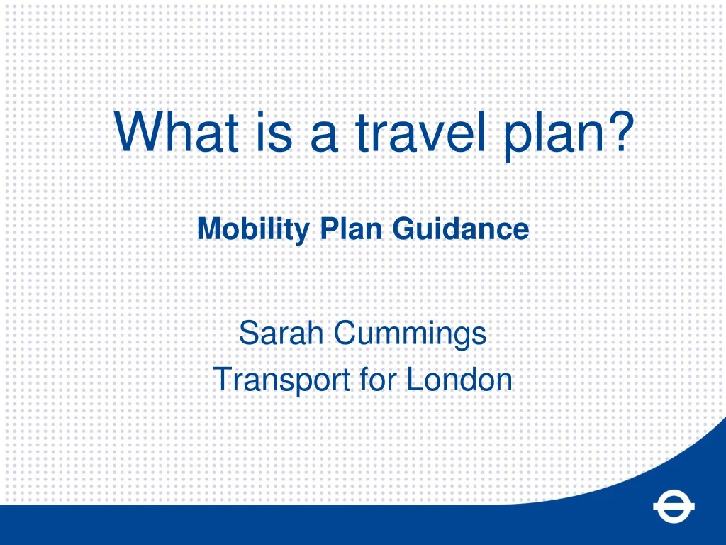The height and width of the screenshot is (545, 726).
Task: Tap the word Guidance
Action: click(462, 229)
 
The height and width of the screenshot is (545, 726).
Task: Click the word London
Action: click(459, 380)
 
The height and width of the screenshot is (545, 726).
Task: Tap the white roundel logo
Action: click(674, 507)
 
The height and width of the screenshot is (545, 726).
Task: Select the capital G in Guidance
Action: click(403, 229)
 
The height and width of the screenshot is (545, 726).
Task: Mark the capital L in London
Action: click(413, 380)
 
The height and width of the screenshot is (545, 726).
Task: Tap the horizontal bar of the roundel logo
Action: click(674, 507)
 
